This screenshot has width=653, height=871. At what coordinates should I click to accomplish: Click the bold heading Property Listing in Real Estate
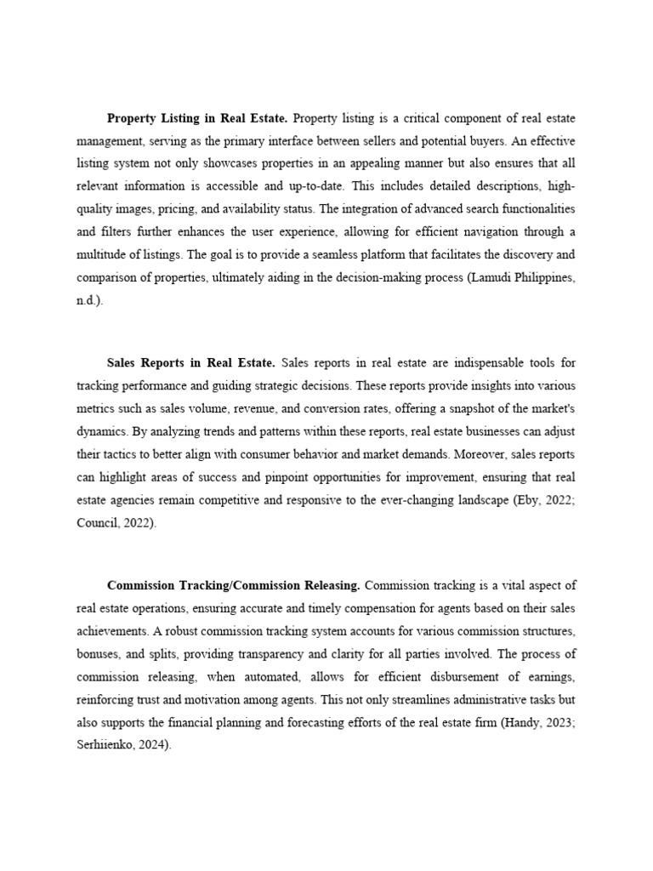point(197,117)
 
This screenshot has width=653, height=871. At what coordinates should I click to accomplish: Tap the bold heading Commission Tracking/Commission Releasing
point(234,585)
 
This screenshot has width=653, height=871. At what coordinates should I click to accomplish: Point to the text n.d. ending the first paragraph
point(88,301)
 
